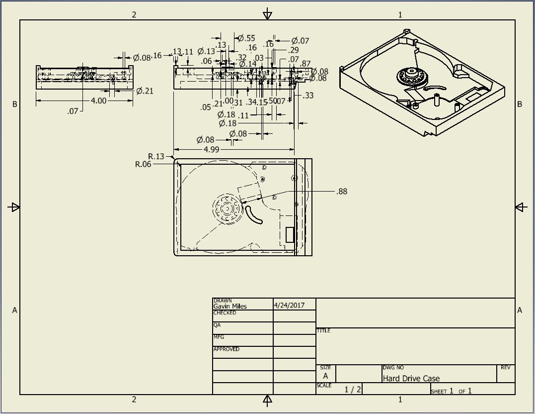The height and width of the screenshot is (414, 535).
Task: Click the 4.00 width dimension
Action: [x=98, y=101]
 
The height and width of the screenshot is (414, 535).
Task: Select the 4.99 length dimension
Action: [x=211, y=149]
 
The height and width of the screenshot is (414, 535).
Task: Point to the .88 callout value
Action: [x=342, y=192]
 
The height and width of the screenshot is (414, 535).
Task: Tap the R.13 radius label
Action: [x=156, y=156]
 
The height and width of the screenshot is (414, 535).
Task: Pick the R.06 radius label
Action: [x=143, y=164]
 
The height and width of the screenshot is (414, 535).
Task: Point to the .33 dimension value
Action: [x=308, y=96]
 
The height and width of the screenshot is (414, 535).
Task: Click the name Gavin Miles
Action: [x=229, y=307]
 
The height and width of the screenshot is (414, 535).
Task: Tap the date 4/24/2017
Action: [x=289, y=305]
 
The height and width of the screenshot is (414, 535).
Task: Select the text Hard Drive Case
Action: [x=411, y=378]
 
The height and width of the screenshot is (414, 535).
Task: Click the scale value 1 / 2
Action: [x=353, y=389]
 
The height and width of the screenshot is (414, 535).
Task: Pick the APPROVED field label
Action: [x=226, y=349]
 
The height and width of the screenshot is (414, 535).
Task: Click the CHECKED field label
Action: [x=225, y=313]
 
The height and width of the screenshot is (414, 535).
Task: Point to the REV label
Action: [x=505, y=368]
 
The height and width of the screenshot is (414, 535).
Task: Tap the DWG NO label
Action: [x=393, y=368]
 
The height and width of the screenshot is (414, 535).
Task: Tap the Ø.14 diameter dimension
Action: [x=247, y=64]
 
